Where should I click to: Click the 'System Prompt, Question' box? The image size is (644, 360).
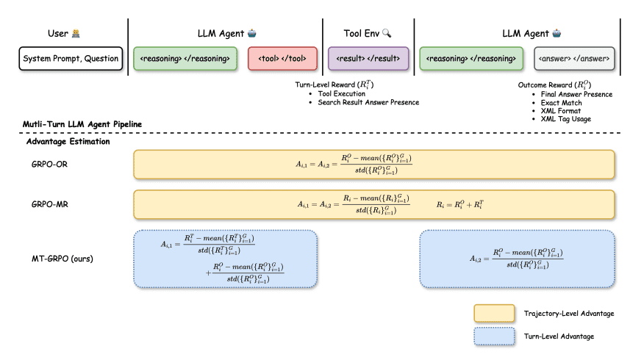click(70, 59)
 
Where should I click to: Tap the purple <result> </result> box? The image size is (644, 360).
click(368, 59)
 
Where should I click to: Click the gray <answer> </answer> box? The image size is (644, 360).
click(574, 59)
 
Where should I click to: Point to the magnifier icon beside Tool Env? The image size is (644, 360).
click(387, 33)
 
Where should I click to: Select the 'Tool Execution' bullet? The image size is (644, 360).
click(343, 94)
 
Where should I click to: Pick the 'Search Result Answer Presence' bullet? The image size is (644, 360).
click(368, 102)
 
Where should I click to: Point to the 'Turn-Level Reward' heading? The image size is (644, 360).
click(334, 85)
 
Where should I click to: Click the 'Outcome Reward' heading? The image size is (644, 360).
click(555, 85)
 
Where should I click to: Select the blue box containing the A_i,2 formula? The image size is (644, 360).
click(516, 258)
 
